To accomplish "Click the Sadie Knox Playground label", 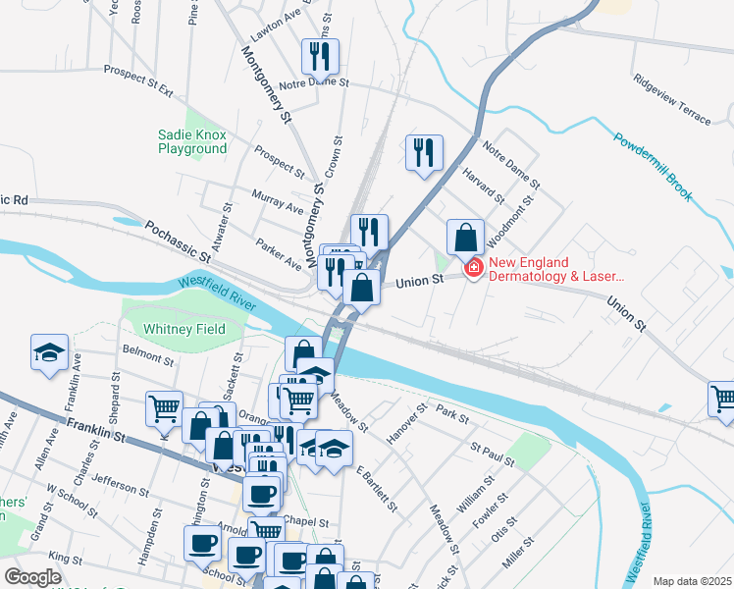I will (x=192, y=141).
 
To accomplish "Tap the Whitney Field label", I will (x=184, y=329).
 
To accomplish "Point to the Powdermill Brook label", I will (x=655, y=166).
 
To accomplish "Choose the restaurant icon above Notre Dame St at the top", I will (x=320, y=57).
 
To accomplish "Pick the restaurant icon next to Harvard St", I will (x=424, y=153).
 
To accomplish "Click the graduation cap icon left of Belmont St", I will (x=48, y=354).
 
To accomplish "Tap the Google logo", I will (x=32, y=577).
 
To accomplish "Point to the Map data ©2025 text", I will (x=691, y=581).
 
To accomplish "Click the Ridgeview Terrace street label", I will (x=671, y=100).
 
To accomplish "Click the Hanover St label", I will (x=407, y=422).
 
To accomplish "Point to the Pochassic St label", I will (x=178, y=241).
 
